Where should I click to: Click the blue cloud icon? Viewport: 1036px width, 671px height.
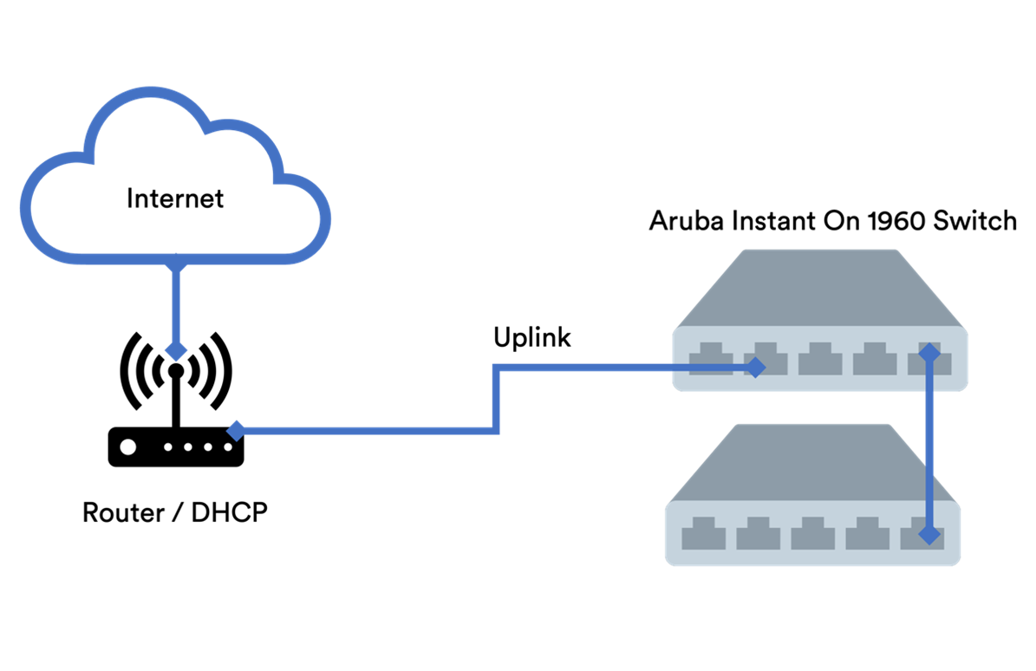point(175,178)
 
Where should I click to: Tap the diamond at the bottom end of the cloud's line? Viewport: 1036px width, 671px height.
point(176,350)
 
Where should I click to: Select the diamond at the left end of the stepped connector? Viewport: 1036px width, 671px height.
point(235,430)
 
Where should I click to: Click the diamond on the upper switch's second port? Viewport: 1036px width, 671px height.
point(756,368)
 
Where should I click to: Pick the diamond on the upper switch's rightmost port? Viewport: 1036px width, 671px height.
point(929,352)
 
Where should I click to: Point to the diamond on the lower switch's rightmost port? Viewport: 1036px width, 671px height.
point(929,535)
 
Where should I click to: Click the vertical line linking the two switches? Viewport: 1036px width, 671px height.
point(929,442)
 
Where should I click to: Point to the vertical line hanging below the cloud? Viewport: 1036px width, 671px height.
point(176,308)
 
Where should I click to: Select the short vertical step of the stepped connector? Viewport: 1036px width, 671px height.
point(496,399)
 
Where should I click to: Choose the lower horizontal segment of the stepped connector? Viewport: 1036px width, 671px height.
point(364,430)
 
